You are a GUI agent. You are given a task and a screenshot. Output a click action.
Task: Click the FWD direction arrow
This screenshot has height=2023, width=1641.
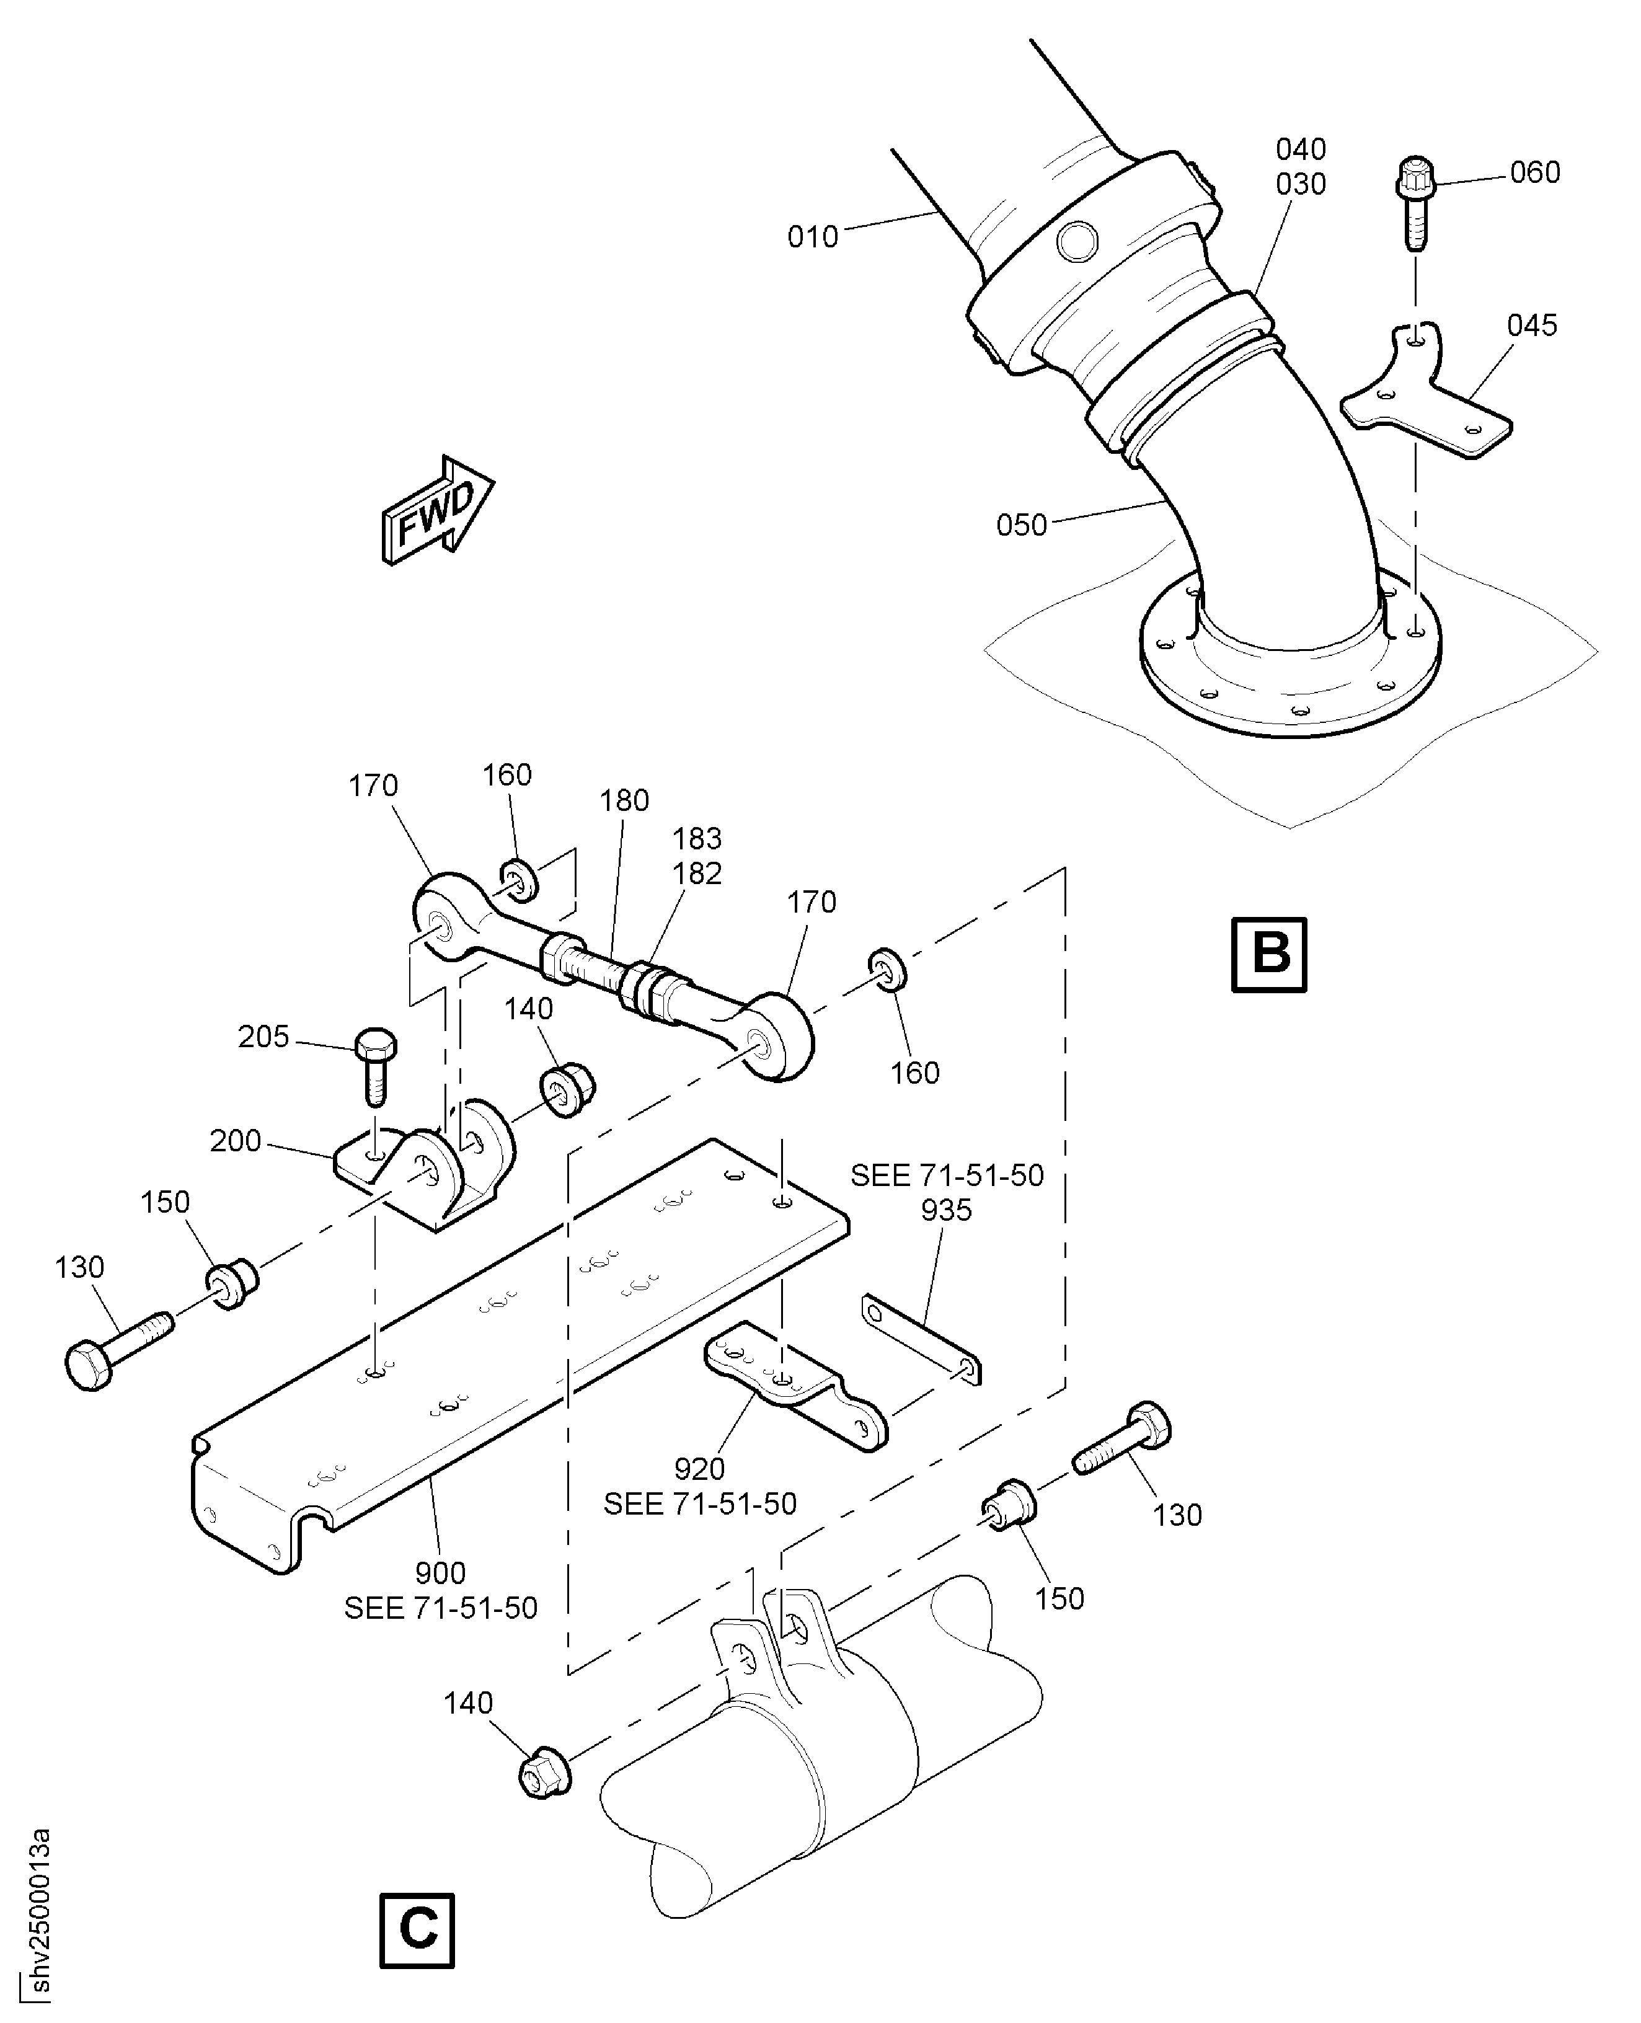click(436, 511)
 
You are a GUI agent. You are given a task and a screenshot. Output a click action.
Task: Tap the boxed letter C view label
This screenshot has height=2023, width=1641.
click(417, 1931)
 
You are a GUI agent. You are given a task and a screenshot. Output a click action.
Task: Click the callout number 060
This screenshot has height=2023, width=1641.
click(1534, 173)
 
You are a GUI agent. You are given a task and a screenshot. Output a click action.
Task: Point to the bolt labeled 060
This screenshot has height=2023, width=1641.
click(1415, 200)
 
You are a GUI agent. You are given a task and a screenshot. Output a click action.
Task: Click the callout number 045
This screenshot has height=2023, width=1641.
click(1531, 325)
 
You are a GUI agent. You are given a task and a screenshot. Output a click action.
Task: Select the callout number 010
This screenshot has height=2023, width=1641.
click(812, 236)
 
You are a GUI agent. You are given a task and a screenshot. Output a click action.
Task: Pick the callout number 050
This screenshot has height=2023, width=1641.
click(1021, 525)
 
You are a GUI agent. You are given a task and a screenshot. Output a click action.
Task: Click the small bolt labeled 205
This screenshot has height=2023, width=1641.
click(375, 1063)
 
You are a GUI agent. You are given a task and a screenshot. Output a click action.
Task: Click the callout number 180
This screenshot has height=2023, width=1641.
click(624, 800)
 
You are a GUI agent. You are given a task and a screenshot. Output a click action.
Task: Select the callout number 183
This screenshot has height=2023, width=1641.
click(697, 838)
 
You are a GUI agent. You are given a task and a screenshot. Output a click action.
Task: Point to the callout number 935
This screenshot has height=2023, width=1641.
click(946, 1210)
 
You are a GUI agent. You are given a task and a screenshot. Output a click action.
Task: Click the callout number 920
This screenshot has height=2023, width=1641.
click(699, 1469)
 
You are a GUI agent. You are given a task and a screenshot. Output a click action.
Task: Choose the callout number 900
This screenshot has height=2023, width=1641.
click(441, 1573)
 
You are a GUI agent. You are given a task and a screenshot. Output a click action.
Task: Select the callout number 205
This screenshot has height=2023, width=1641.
click(263, 1037)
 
